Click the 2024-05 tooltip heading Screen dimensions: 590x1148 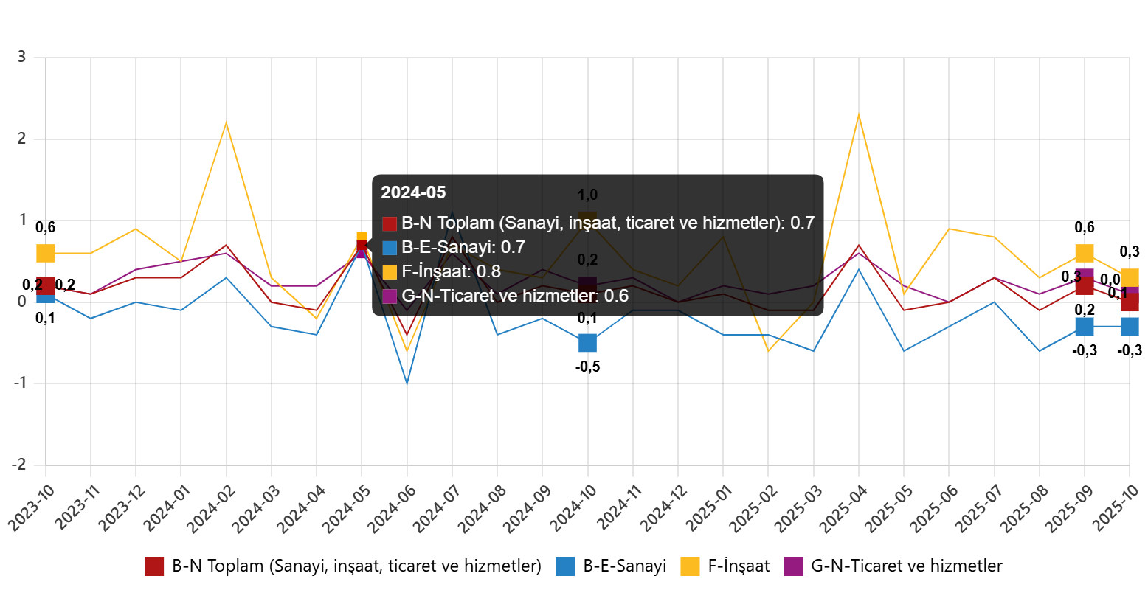pos(413,193)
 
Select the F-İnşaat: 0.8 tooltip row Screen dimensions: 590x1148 pos(441,271)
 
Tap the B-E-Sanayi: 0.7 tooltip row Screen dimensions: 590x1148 pos(454,247)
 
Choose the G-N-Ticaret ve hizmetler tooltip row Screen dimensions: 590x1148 pos(505,296)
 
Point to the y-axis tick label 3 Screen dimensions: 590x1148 pos(21,56)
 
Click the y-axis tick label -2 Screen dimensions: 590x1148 pos(18,464)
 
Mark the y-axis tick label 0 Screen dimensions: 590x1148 pos(22,301)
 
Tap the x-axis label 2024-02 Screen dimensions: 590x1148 pos(208,509)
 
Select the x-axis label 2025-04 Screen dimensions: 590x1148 pos(841,509)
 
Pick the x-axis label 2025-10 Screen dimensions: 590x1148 pos(1114,509)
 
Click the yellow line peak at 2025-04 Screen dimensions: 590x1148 pos(859,114)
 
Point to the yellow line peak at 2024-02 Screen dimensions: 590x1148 pos(226,122)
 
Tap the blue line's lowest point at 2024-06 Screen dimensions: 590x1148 pos(407,383)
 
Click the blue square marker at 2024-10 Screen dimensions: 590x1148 pos(587,343)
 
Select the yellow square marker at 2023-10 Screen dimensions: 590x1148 pos(46,254)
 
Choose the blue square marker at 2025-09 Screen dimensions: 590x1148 pos(1084,326)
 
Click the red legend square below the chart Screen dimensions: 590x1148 pos(154,566)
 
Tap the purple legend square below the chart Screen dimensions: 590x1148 pos(793,566)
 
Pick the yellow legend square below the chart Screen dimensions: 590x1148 pos(690,566)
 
